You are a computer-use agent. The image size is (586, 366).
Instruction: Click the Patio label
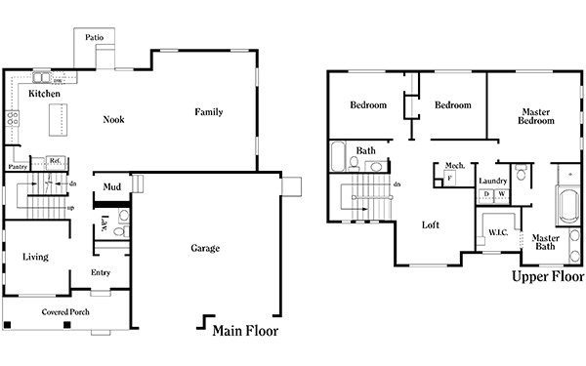(x=95, y=38)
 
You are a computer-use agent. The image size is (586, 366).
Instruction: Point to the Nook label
(x=114, y=120)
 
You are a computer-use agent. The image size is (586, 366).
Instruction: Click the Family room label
(x=208, y=112)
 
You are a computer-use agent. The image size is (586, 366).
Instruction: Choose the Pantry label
(x=18, y=167)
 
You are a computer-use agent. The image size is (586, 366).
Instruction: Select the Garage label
(x=204, y=249)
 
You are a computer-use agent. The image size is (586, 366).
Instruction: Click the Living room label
(x=36, y=257)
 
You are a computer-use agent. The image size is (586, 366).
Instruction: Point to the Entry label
(x=101, y=272)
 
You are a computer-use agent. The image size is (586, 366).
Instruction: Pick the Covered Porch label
(x=66, y=312)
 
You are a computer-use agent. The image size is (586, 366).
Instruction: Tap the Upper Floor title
(x=547, y=277)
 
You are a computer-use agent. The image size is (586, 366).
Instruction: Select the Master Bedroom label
(x=537, y=116)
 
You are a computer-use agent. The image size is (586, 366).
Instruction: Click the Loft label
(x=431, y=224)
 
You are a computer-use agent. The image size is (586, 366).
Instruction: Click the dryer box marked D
(x=486, y=194)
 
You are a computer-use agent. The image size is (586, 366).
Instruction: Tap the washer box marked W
(x=501, y=194)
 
